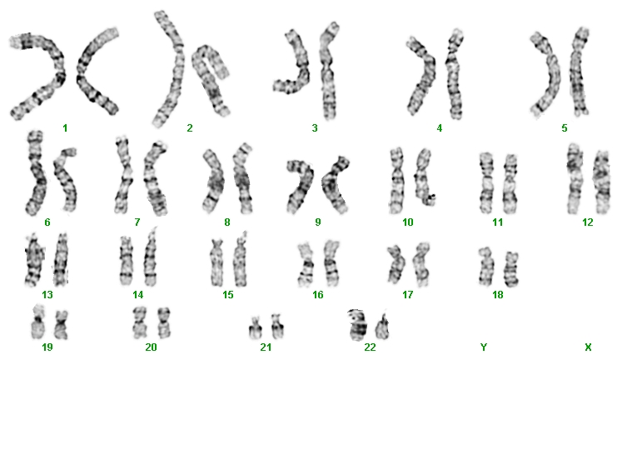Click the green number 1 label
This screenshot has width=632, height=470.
[x=65, y=128]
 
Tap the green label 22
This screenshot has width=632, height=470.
[x=370, y=347]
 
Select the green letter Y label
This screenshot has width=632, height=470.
[x=484, y=347]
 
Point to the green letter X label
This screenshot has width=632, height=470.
[x=588, y=347]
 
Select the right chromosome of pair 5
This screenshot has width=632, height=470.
[x=579, y=72]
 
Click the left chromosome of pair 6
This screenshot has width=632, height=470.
[x=36, y=173]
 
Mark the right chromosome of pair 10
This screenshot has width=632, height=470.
[x=424, y=177]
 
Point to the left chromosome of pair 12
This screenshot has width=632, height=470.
[x=575, y=178]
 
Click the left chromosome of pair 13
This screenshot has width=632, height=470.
[x=34, y=260]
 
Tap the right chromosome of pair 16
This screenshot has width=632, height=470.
[x=332, y=262]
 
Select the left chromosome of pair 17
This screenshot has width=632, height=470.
[x=396, y=264]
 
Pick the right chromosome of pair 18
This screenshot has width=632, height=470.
[x=512, y=268]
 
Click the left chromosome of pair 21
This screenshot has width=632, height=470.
[x=255, y=328]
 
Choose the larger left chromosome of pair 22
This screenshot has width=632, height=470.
[x=358, y=325]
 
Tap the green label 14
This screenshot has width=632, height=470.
[x=138, y=295]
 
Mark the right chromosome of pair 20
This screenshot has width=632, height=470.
[x=164, y=322]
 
